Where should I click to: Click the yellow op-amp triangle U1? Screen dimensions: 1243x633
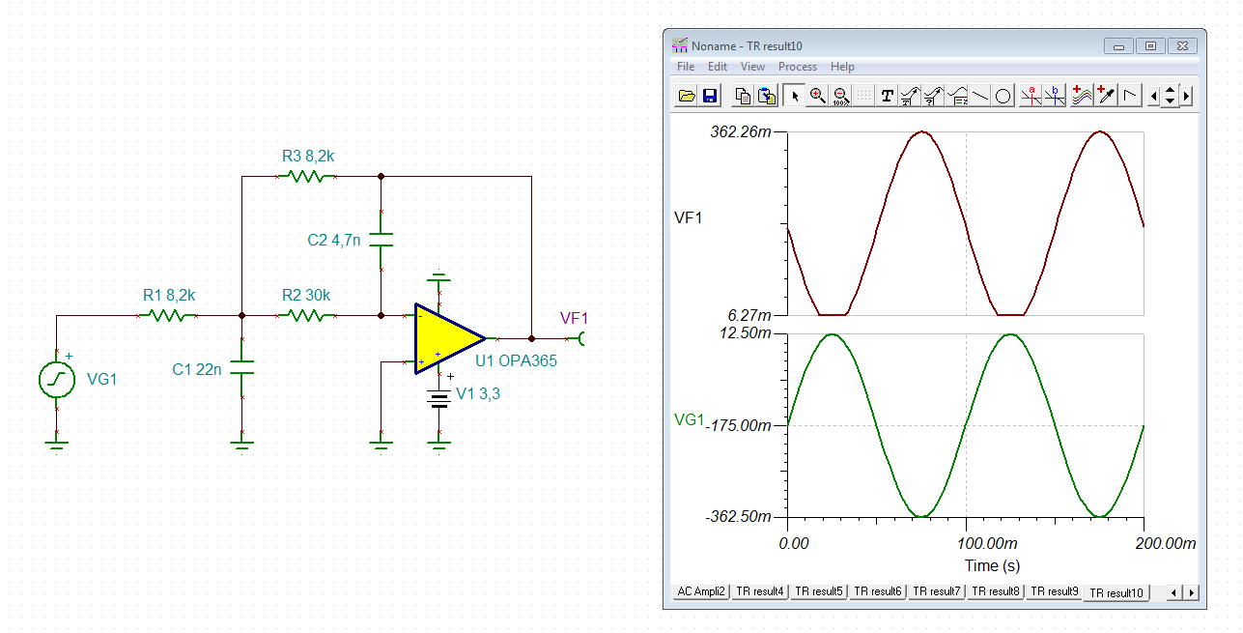447,338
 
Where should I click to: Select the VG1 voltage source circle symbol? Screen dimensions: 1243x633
57,380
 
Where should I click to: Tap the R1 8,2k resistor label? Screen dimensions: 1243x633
169,296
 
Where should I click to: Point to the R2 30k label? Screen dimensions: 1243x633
306,296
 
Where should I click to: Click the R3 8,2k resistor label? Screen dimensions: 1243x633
308,157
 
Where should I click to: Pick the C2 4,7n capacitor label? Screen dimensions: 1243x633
333,241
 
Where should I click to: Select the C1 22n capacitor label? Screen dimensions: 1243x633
196,370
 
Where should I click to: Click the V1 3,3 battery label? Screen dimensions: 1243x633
478,393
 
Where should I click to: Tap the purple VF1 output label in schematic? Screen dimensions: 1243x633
574,318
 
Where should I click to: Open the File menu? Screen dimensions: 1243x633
686,67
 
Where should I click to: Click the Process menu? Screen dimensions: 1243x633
798,67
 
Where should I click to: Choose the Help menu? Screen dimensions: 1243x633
842,67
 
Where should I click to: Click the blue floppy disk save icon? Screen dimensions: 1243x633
710,96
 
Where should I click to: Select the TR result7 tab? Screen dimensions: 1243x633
937,591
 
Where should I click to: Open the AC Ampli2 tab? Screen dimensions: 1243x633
701,591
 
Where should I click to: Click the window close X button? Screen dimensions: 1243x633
1182,46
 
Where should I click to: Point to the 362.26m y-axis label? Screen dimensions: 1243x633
741,132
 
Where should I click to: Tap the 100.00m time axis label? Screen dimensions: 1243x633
987,543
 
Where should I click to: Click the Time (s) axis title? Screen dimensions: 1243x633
992,565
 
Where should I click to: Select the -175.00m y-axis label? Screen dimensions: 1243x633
738,426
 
